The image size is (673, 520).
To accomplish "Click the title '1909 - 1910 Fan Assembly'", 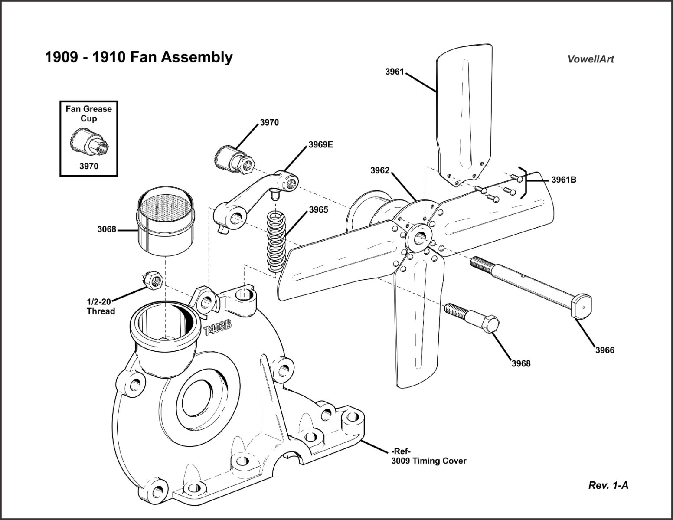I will [x=139, y=57].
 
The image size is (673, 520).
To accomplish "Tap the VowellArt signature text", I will [x=591, y=59].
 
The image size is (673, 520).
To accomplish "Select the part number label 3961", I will [x=394, y=72].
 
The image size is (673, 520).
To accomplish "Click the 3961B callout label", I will [x=564, y=180].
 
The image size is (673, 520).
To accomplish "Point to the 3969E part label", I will [x=321, y=144].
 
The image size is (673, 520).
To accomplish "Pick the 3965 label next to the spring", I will [x=318, y=210].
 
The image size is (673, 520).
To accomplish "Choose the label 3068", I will [x=107, y=229].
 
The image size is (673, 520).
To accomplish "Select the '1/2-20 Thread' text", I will [x=101, y=307].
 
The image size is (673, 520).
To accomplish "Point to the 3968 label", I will [x=521, y=363].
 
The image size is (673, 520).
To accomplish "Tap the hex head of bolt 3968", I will [x=489, y=325].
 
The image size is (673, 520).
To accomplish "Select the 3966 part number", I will [x=604, y=350].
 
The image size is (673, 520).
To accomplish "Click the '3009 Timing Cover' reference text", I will [x=428, y=461].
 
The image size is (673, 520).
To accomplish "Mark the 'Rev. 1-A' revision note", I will [x=608, y=485].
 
